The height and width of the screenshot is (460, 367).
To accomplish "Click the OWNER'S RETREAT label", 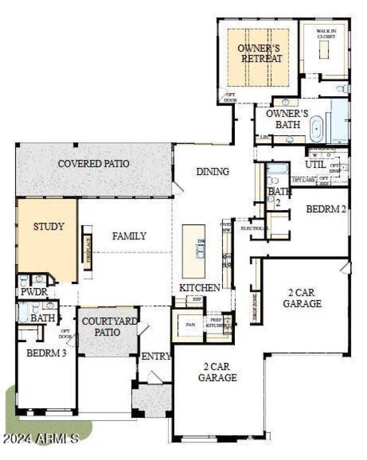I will (x=259, y=53).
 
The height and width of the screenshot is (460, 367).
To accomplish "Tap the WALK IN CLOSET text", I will (x=326, y=33).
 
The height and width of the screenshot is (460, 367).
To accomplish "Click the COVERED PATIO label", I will (x=93, y=164).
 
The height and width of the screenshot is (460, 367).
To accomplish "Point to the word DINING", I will (x=212, y=172).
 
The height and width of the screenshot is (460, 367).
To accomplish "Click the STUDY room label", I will (x=49, y=227).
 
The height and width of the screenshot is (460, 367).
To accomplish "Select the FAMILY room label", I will (x=129, y=236).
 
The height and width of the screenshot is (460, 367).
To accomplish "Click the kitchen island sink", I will (x=200, y=250).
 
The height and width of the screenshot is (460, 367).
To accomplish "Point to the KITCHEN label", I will (x=199, y=288).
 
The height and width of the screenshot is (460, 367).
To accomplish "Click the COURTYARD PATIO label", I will (x=109, y=327).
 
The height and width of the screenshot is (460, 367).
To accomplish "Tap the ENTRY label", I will (x=156, y=356).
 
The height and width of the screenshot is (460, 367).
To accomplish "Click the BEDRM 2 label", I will (x=326, y=209).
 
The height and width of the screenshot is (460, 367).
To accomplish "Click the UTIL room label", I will (x=315, y=164).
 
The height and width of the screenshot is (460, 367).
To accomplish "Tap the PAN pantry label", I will (x=190, y=325).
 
